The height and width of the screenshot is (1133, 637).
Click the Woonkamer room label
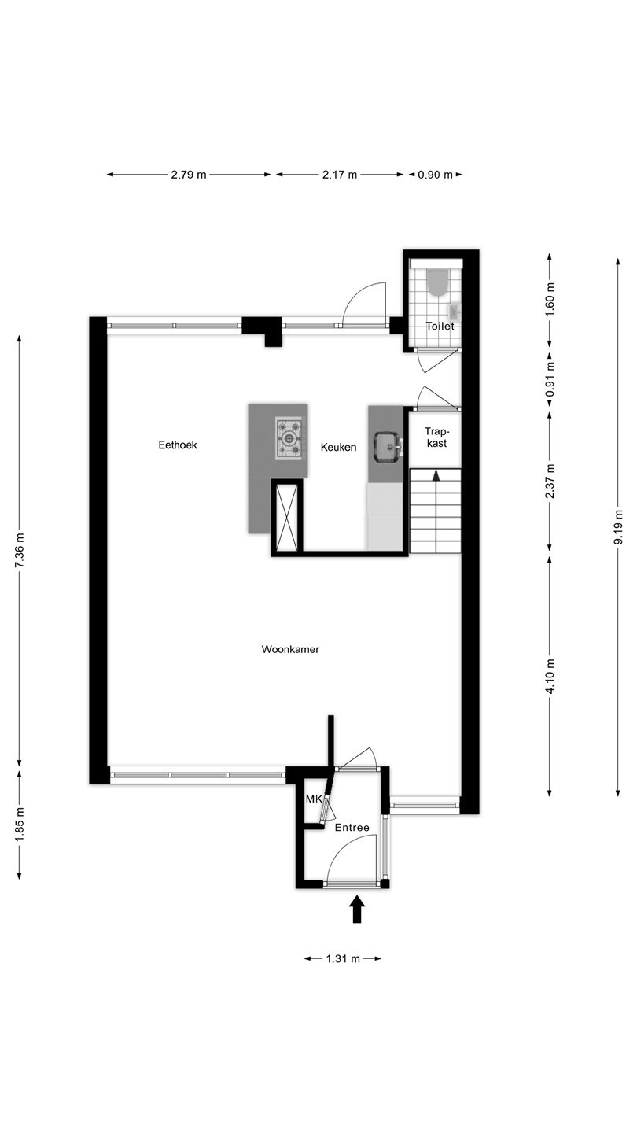[290, 649]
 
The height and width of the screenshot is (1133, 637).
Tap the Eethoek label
[178, 445]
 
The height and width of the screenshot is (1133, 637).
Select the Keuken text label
[338, 447]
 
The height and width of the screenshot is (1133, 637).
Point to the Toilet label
[440, 327]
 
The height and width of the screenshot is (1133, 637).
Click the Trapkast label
[436, 437]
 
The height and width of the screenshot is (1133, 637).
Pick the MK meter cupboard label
[314, 799]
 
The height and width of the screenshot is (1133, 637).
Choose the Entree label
[352, 828]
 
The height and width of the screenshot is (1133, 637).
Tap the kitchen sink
[388, 447]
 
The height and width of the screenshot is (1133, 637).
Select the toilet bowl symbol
[437, 282]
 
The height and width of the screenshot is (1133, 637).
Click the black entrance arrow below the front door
[357, 909]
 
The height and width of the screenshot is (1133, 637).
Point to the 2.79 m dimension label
[189, 175]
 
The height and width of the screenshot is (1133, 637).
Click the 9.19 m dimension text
[618, 527]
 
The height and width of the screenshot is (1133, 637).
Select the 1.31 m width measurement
[343, 958]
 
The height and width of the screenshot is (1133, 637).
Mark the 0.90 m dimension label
[436, 175]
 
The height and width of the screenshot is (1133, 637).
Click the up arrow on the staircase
[436, 475]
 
